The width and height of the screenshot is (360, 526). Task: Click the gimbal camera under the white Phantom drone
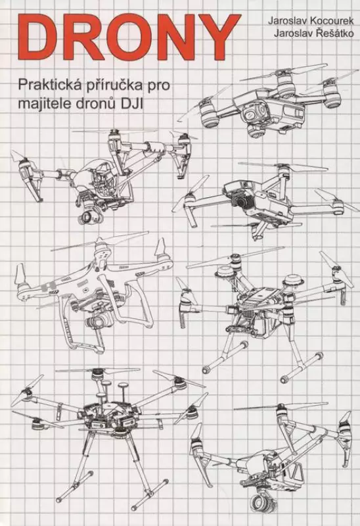97,323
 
